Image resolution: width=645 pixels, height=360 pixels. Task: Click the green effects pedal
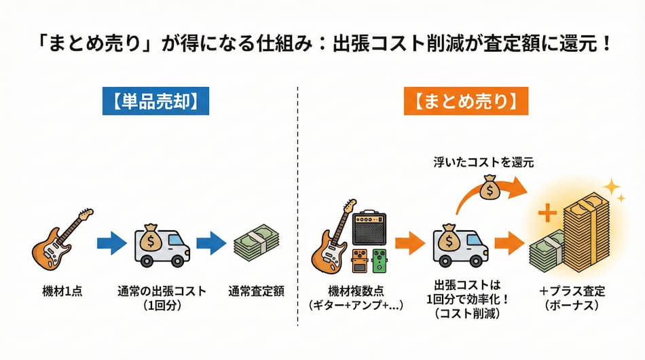coord(382,261)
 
